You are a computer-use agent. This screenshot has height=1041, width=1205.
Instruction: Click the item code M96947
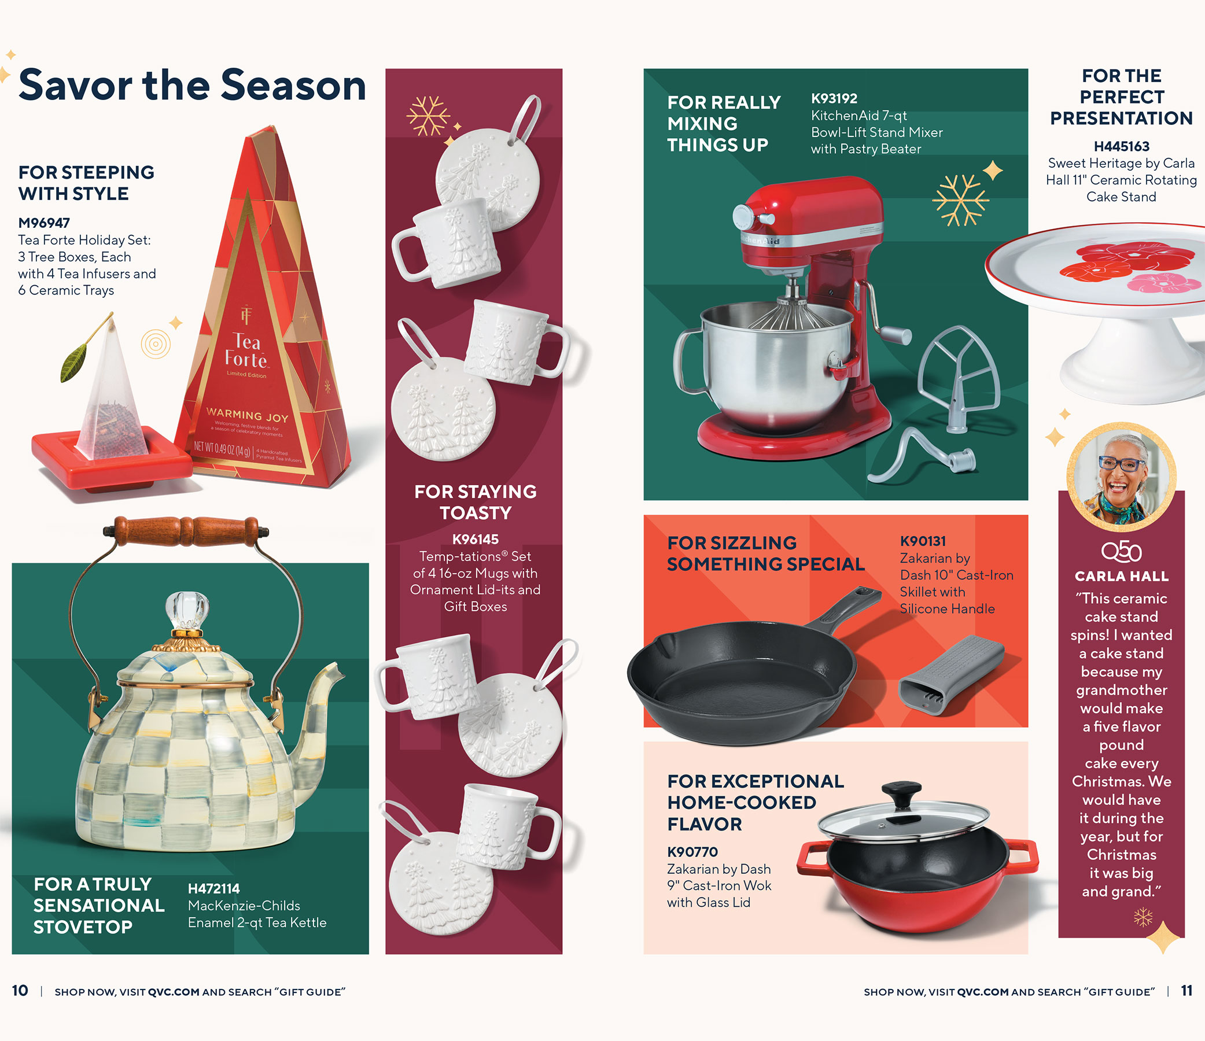pyautogui.click(x=44, y=223)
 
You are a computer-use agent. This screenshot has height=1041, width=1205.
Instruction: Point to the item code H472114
pyautogui.click(x=213, y=889)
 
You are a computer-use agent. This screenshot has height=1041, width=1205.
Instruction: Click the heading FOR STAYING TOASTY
pyautogui.click(x=474, y=502)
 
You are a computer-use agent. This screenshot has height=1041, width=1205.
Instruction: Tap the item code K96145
pyautogui.click(x=475, y=539)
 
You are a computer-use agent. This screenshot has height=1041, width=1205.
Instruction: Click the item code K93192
pyautogui.click(x=834, y=99)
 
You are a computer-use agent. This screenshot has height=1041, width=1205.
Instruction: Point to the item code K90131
pyautogui.click(x=922, y=541)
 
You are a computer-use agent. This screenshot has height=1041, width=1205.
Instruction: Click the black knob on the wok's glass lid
pyautogui.click(x=901, y=793)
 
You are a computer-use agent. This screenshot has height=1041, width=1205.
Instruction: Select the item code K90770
pyautogui.click(x=692, y=852)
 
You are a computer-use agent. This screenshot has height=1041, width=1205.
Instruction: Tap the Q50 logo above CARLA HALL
pyautogui.click(x=1121, y=551)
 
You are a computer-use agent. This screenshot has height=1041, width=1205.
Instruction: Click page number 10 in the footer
pyautogui.click(x=20, y=991)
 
